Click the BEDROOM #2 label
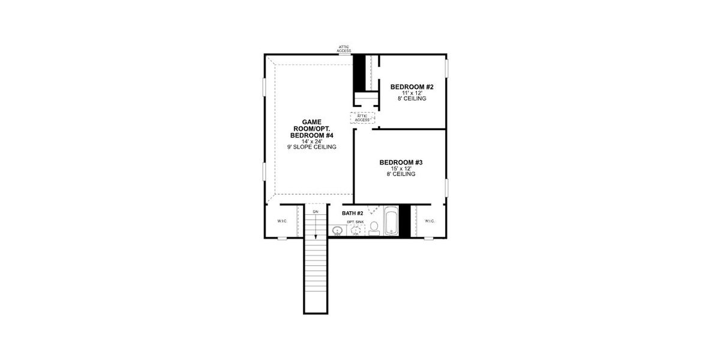point(411,87)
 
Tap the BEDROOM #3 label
point(401,162)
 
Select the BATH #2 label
point(353,213)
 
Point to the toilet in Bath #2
point(374,227)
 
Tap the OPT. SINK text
point(355,222)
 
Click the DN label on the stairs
point(316,212)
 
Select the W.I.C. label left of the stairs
point(282,221)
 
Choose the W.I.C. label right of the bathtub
point(429,221)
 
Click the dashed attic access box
point(362,118)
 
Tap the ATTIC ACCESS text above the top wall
point(344,49)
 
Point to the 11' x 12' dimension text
point(411,93)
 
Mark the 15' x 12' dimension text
point(401,169)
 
